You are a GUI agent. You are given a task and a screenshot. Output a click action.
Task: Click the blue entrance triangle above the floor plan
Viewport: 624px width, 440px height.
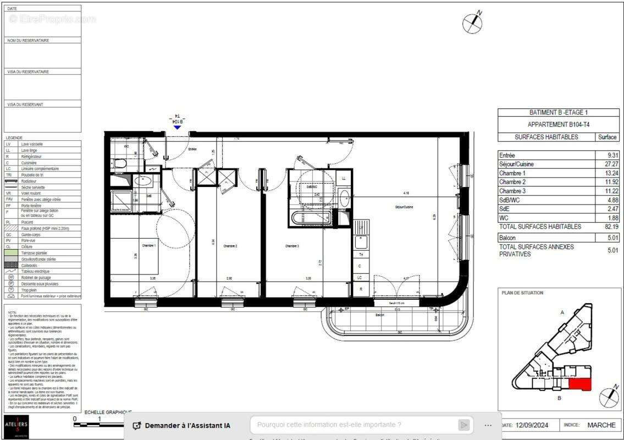pyautogui.click(x=177, y=127)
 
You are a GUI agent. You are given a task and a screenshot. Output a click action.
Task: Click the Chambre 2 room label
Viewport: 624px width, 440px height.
pyautogui.click(x=230, y=246)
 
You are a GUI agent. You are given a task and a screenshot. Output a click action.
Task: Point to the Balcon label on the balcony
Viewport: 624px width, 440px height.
pyautogui.click(x=380, y=315)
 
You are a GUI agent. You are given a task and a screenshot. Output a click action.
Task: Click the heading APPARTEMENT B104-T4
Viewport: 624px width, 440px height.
pyautogui.click(x=558, y=125)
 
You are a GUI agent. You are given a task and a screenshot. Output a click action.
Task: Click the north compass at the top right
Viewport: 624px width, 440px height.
pyautogui.click(x=472, y=22)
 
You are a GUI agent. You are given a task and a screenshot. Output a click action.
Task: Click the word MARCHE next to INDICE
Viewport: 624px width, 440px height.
pyautogui.click(x=601, y=425)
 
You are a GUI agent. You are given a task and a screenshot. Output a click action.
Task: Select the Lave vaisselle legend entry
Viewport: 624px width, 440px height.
pyautogui.click(x=32, y=144)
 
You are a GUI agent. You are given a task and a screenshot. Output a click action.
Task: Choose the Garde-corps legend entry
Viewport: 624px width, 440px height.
pyautogui.click(x=32, y=234)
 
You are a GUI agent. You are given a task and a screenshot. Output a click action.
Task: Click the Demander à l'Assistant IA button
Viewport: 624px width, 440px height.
pyautogui.click(x=182, y=425)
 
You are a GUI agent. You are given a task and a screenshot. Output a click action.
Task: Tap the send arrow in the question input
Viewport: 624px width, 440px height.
pyautogui.click(x=464, y=425)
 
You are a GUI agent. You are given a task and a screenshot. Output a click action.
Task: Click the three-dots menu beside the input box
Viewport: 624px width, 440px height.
pyautogui.click(x=488, y=425)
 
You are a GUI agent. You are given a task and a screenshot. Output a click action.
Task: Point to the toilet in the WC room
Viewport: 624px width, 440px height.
pyautogui.click(x=118, y=163)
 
